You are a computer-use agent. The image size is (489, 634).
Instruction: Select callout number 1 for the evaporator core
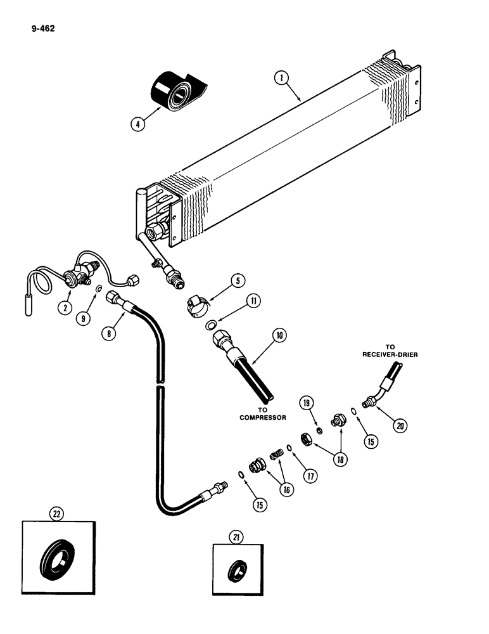[282, 78]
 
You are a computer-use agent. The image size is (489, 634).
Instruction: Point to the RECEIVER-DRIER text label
[388, 354]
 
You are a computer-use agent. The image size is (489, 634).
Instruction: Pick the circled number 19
[307, 403]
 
